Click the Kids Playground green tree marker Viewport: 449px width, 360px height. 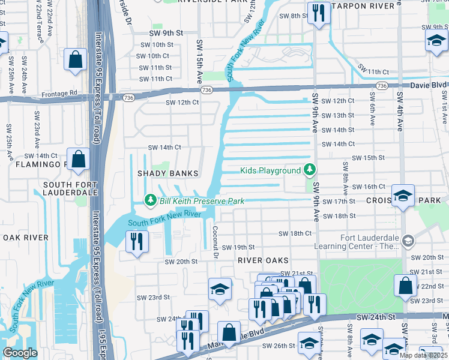coord(309,170)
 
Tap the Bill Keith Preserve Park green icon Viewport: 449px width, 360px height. coord(151,201)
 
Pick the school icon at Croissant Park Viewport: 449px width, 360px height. coord(403,195)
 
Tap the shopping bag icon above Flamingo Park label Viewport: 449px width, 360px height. coord(78,160)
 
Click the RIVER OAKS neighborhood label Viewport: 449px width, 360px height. coord(263,260)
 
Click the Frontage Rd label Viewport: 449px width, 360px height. coord(60,94)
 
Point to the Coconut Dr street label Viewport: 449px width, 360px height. coord(214,241)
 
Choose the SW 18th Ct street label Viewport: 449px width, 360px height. coord(295,233)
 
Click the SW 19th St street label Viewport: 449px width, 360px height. coord(238,247)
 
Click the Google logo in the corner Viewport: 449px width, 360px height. coord(20,353)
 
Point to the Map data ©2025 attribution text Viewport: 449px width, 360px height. coord(423,355)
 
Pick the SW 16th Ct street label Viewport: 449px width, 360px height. coord(367,187)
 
